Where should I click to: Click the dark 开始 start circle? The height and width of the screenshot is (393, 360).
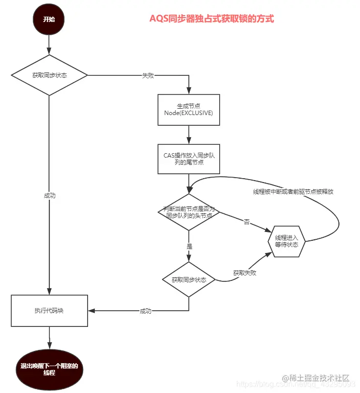(49, 20)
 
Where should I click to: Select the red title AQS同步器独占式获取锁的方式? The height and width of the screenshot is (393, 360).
(211, 19)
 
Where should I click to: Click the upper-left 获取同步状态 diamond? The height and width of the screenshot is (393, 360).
(49, 75)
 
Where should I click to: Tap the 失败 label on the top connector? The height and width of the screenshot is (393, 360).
(148, 76)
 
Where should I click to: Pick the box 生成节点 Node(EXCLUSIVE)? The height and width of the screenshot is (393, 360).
(189, 110)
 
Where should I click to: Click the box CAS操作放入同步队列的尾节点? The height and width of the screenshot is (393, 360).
(189, 159)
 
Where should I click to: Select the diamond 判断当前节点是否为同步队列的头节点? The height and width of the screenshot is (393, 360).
(189, 211)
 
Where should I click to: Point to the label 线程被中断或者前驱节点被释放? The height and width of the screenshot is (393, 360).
(293, 191)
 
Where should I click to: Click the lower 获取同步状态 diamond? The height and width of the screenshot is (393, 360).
(189, 280)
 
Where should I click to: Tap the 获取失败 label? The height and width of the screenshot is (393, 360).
(245, 273)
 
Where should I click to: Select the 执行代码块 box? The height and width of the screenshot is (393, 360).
(49, 311)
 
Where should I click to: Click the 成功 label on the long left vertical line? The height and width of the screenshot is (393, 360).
(49, 195)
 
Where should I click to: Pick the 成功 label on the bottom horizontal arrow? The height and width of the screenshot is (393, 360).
(146, 311)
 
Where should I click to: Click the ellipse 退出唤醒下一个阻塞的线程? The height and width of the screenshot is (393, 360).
(49, 370)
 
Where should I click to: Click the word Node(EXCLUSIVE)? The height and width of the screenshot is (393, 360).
(189, 114)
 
